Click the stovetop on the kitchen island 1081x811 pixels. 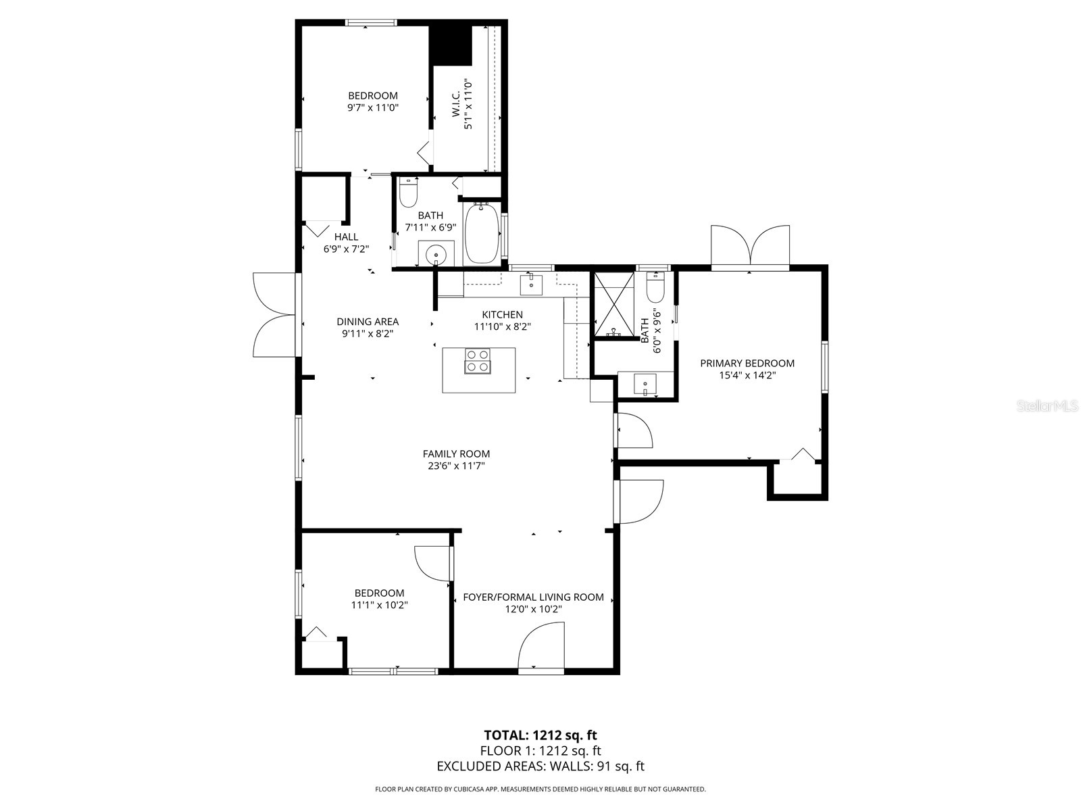(x=478, y=360)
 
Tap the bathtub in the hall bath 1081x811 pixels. (x=482, y=233)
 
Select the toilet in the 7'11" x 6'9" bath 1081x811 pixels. (x=408, y=193)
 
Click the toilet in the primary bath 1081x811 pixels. (x=655, y=287)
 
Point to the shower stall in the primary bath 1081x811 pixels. (x=614, y=303)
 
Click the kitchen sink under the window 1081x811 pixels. (x=531, y=285)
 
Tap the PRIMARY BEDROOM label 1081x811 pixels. (x=747, y=363)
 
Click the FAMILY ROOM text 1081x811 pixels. (x=456, y=453)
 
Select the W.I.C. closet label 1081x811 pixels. (x=455, y=105)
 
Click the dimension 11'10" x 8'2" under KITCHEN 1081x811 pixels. (x=502, y=326)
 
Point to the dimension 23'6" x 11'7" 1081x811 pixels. (x=456, y=466)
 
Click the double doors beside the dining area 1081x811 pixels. (x=274, y=314)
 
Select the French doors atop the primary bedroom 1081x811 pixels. (x=750, y=247)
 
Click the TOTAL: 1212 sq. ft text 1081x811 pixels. (x=540, y=735)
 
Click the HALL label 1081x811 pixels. (x=346, y=237)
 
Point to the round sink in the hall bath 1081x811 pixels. (x=436, y=255)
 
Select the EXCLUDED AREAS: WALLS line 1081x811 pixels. (x=540, y=766)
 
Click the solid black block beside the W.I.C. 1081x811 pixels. (x=451, y=43)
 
